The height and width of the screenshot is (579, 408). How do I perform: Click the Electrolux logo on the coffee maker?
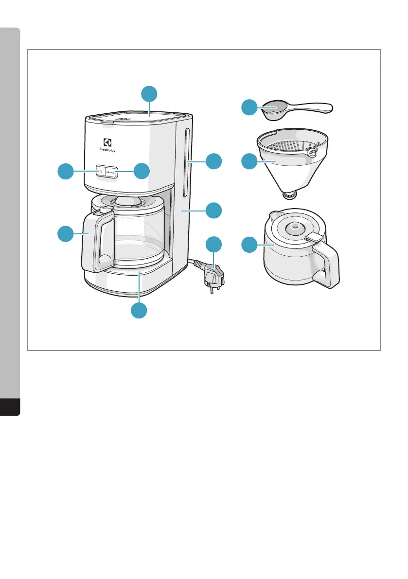107,145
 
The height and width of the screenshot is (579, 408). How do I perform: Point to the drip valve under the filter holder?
290,195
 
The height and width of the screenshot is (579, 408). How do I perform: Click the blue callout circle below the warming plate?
139,310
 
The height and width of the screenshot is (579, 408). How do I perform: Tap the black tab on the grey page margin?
10,407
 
